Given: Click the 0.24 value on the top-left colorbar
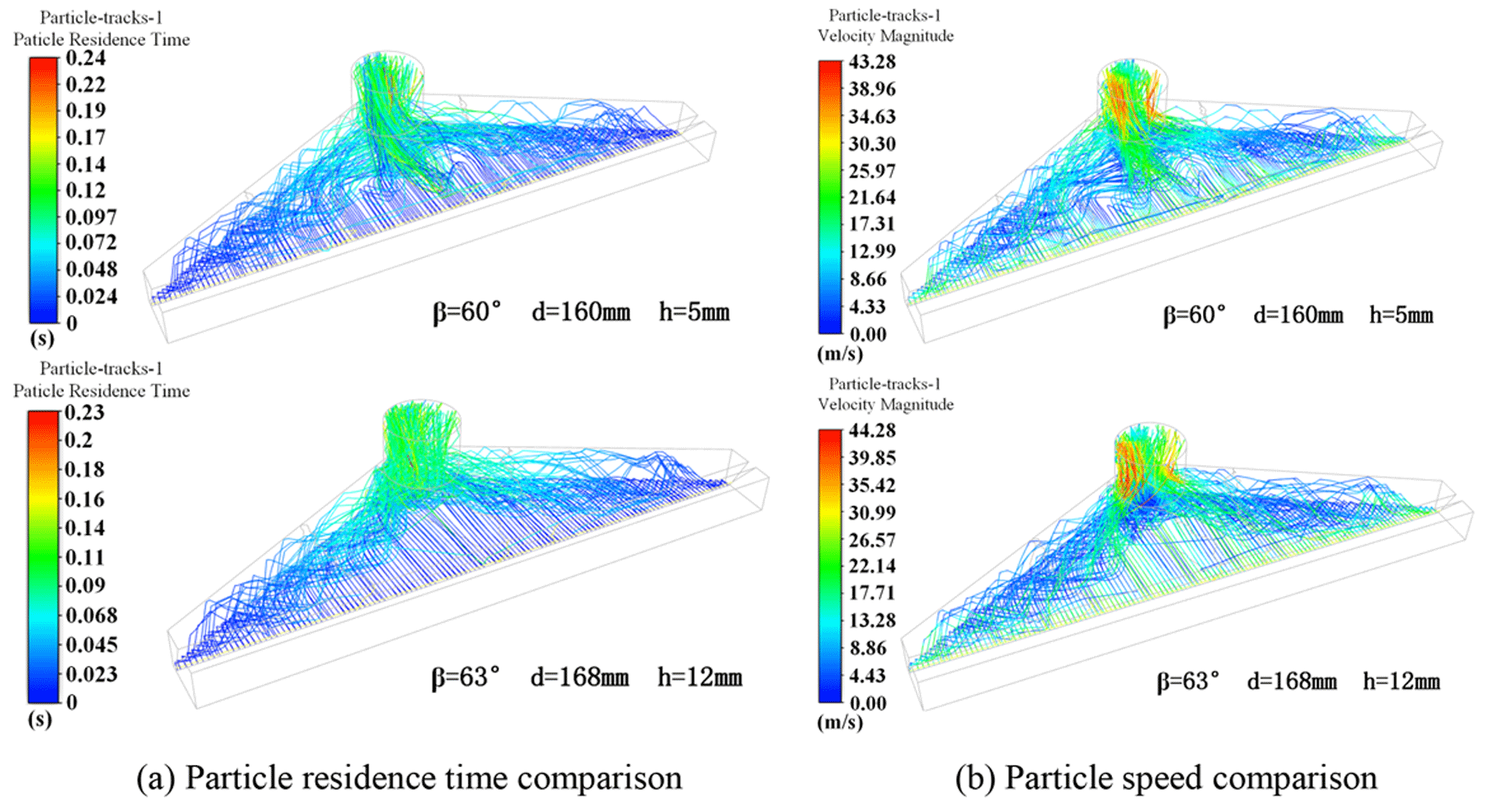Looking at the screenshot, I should pyautogui.click(x=86, y=58).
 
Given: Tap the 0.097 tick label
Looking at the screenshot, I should pyautogui.click(x=91, y=216).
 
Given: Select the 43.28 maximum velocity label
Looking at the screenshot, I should pyautogui.click(x=872, y=62).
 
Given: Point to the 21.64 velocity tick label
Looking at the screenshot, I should pyautogui.click(x=872, y=197).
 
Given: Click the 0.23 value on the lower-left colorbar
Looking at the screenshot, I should pyautogui.click(x=84, y=413).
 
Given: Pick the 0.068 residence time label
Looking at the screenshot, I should pyautogui.click(x=91, y=615).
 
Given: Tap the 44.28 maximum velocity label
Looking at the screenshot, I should pyautogui.click(x=872, y=431).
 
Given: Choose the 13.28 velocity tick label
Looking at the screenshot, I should pyautogui.click(x=872, y=620).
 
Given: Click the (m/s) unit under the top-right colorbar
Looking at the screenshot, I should pyautogui.click(x=840, y=354).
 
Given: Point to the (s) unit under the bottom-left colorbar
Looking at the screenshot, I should pyautogui.click(x=40, y=719).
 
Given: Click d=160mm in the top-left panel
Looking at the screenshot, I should pyautogui.click(x=581, y=313).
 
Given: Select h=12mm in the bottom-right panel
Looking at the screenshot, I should pyautogui.click(x=1401, y=682).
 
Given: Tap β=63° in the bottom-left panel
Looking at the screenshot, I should pyautogui.click(x=465, y=677).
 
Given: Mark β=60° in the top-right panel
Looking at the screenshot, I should pyautogui.click(x=1194, y=315).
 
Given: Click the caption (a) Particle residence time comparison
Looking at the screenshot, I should pyautogui.click(x=409, y=778).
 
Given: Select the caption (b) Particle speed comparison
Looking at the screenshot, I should pyautogui.click(x=1165, y=778).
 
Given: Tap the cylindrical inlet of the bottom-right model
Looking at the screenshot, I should pyautogui.click(x=1150, y=453).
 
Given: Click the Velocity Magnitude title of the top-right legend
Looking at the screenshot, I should pyautogui.click(x=885, y=36).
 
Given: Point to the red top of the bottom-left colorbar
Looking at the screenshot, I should pyautogui.click(x=43, y=417).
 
